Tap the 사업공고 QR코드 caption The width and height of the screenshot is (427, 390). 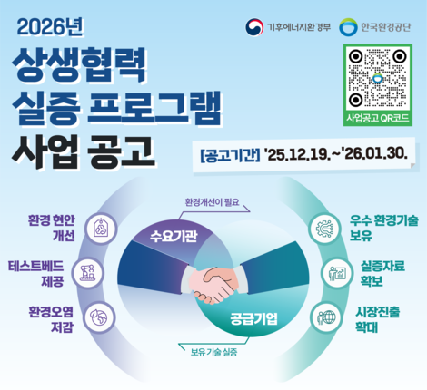(x=375, y=119)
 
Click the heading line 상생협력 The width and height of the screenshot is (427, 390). (x=77, y=66)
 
